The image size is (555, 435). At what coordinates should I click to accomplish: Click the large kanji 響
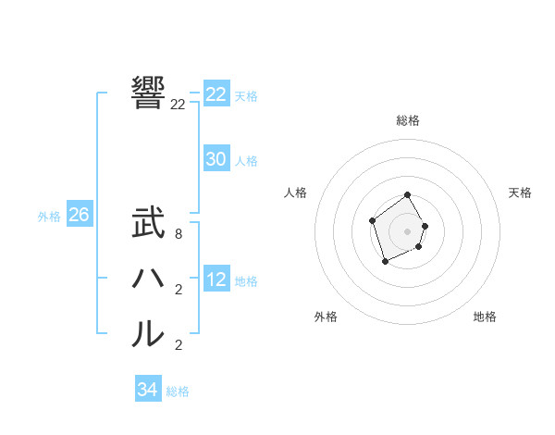pyautogui.click(x=148, y=93)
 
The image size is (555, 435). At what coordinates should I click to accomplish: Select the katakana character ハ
pyautogui.click(x=148, y=279)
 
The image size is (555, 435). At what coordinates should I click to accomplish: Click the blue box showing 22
pyautogui.click(x=216, y=94)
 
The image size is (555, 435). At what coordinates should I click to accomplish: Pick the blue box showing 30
pyautogui.click(x=216, y=159)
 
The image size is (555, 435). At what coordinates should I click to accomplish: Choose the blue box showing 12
pyautogui.click(x=216, y=280)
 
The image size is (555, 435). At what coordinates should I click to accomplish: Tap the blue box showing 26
pyautogui.click(x=80, y=215)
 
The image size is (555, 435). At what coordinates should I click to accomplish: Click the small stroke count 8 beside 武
pyautogui.click(x=179, y=234)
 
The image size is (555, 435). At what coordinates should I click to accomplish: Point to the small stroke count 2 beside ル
pyautogui.click(x=179, y=345)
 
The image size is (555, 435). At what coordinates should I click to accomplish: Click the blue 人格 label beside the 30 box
pyautogui.click(x=246, y=161)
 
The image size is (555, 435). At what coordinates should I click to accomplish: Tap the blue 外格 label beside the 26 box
pyautogui.click(x=49, y=217)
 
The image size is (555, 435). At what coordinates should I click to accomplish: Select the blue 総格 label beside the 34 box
pyautogui.click(x=178, y=391)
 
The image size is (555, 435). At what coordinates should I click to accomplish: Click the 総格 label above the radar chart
pyautogui.click(x=408, y=120)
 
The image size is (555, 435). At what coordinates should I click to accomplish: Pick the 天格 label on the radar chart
pyautogui.click(x=520, y=193)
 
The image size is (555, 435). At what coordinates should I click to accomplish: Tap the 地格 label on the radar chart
pyautogui.click(x=485, y=317)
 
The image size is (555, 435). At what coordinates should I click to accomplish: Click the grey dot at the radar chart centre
pyautogui.click(x=408, y=230)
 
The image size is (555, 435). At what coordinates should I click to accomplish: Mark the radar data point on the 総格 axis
pyautogui.click(x=408, y=196)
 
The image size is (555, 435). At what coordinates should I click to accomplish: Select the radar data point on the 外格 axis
pyautogui.click(x=386, y=262)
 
